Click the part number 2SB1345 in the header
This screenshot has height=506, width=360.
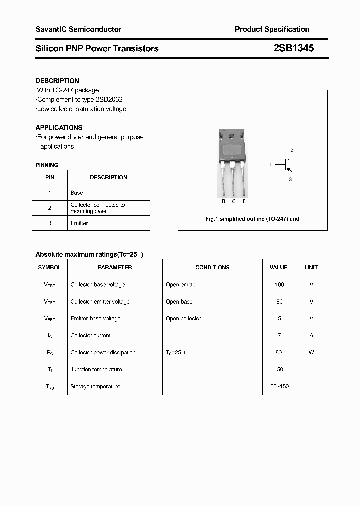point(293,48)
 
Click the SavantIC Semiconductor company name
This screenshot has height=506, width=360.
point(78,29)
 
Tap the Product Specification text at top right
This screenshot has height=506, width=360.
point(272,29)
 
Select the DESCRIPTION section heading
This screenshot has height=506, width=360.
point(57,81)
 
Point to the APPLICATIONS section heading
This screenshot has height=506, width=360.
point(59,128)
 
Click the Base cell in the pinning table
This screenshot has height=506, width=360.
point(77,193)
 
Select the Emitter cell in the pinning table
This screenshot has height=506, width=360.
point(79,223)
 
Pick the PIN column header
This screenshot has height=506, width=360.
point(50,177)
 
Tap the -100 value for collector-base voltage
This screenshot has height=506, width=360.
point(278,285)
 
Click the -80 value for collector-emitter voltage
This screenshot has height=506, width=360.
point(278,302)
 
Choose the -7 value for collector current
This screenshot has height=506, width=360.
point(278,336)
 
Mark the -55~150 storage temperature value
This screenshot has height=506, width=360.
point(278,387)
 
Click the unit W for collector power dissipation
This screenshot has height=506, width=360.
point(311,353)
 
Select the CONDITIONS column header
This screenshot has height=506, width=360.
point(212,268)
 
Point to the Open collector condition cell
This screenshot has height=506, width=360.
point(183,319)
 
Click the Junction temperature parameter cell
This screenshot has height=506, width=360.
point(96,370)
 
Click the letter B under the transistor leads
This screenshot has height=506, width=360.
point(224,201)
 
